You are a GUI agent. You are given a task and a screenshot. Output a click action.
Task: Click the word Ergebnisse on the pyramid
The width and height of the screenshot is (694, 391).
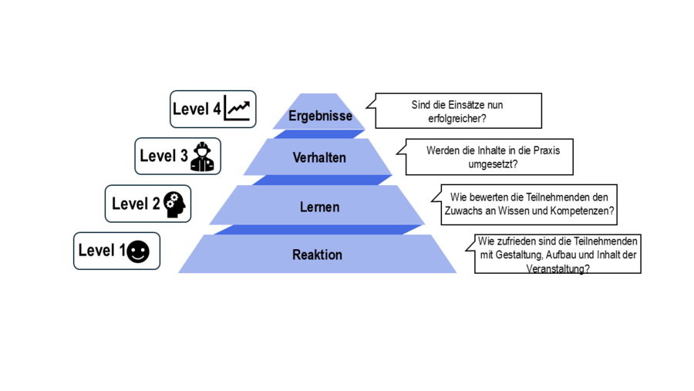click(x=320, y=116)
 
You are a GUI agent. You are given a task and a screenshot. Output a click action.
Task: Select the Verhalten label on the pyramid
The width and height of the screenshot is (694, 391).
click(x=319, y=158)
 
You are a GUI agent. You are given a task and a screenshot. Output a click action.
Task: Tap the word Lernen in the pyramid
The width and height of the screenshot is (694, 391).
click(x=319, y=207)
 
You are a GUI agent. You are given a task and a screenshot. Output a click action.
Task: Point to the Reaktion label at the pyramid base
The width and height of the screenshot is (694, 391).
click(x=317, y=254)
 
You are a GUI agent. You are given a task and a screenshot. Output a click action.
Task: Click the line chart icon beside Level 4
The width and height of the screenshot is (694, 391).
click(x=238, y=110)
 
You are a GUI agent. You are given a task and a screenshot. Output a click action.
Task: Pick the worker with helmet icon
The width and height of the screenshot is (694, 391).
click(x=202, y=156)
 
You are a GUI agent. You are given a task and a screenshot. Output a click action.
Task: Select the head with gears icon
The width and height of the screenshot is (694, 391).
click(x=175, y=204)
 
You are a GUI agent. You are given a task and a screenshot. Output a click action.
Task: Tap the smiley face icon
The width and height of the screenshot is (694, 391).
click(x=138, y=251)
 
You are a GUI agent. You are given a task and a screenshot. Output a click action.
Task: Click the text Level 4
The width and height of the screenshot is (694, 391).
click(x=197, y=110)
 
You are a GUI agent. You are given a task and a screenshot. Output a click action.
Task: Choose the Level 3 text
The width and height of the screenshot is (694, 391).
click(x=163, y=156)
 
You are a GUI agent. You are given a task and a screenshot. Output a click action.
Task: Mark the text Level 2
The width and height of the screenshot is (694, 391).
click(x=136, y=204)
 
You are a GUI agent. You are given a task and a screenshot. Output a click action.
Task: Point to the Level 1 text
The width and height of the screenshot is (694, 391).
click(x=102, y=251)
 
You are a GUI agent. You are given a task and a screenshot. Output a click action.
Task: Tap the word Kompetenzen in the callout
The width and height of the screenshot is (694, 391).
click(x=585, y=211)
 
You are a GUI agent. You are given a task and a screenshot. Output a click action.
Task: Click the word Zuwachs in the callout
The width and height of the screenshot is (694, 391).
click(x=464, y=211)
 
